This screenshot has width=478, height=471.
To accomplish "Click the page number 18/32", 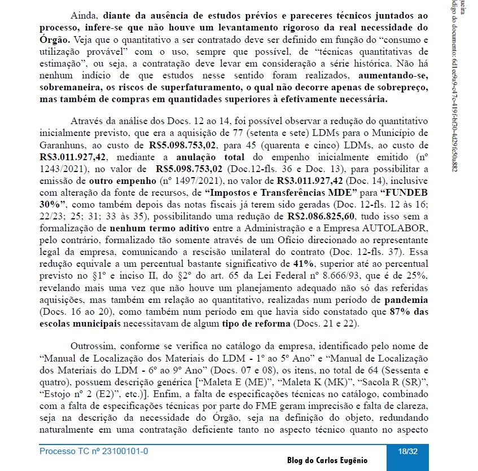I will (x=407, y=451).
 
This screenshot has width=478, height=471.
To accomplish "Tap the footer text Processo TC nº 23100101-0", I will (x=94, y=451).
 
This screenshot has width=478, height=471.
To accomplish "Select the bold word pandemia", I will (x=404, y=300).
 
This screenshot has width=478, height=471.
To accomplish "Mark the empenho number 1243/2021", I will (x=64, y=168).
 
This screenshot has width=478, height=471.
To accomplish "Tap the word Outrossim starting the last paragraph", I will (x=91, y=345).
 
